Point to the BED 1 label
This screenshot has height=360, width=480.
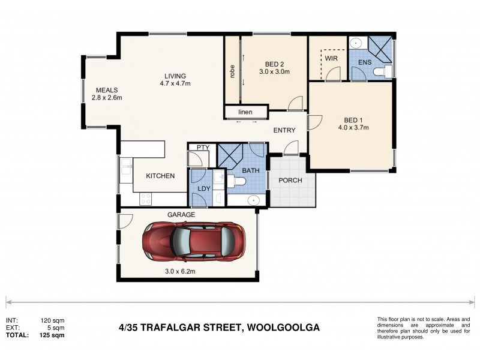(353, 119)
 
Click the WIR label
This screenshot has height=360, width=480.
(331, 58)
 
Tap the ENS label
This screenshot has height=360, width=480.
(365, 62)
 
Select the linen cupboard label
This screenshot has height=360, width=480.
(244, 112)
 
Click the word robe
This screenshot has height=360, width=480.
(232, 71)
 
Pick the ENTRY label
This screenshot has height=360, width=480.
(284, 130)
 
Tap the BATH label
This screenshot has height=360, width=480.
(251, 171)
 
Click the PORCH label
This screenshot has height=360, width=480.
(290, 181)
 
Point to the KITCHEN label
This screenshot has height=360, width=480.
(160, 176)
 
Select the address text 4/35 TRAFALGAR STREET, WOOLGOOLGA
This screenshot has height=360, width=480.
(218, 328)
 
